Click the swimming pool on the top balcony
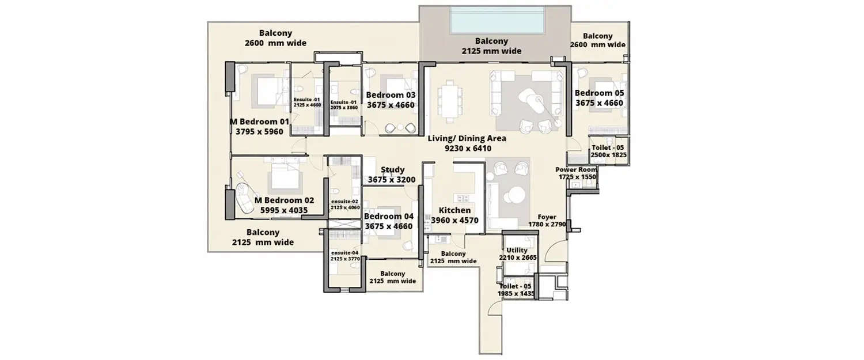497,20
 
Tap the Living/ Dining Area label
467,138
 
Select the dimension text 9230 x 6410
467,148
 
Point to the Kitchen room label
454,210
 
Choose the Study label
393,170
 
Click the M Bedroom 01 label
259,122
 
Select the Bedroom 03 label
391,95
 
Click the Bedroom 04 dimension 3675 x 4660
389,226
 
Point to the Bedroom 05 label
599,93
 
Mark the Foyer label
547,217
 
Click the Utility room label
517,250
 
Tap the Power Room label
576,169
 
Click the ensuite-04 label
344,252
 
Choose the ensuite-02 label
344,202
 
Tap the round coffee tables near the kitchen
513,194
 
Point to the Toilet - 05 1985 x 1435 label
516,290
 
